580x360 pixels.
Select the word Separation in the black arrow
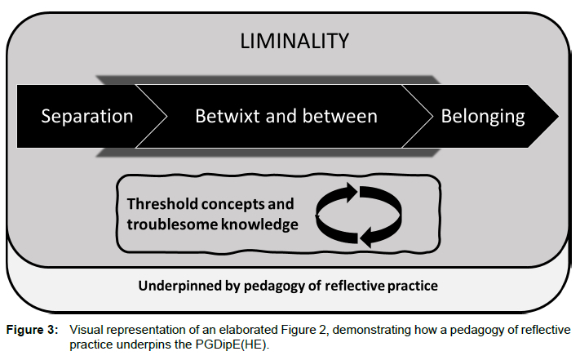click(86, 116)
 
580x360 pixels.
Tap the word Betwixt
click(224, 116)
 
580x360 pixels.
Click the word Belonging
click(482, 116)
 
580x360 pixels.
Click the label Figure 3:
click(34, 329)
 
